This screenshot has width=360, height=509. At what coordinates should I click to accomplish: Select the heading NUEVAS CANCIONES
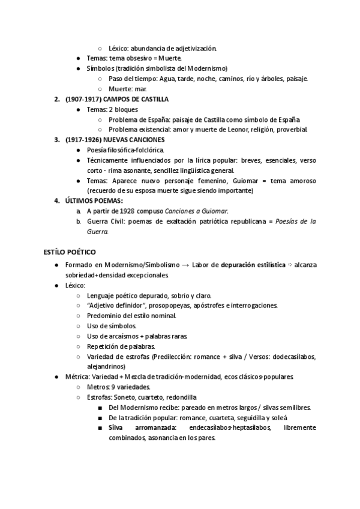tap(137, 140)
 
